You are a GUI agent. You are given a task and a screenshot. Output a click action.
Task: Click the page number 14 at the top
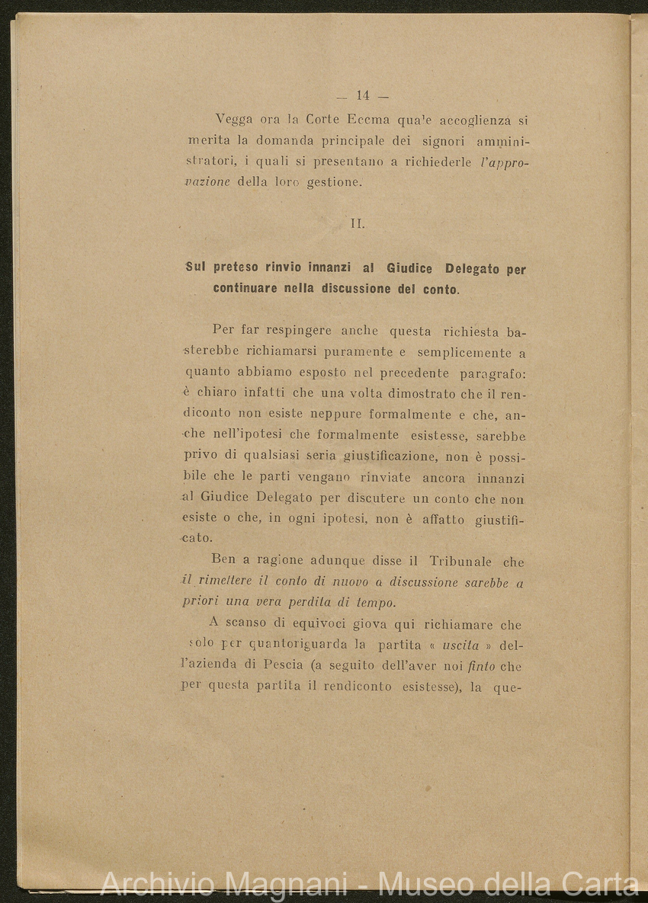pos(362,96)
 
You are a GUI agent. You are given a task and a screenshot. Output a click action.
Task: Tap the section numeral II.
pos(358,224)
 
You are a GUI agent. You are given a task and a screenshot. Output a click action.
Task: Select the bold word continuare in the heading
pos(245,289)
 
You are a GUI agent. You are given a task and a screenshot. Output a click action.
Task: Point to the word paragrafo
pos(492,373)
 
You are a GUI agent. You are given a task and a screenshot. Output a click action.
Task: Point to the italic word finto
pos(482,666)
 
